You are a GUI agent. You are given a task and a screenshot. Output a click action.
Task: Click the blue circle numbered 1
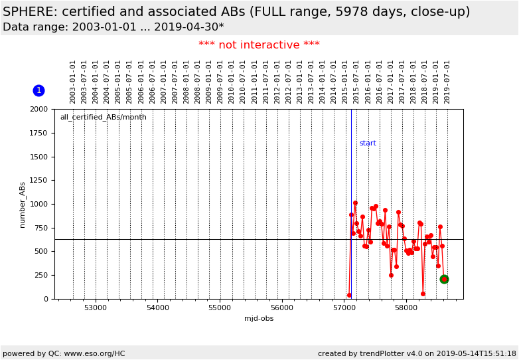click(38, 90)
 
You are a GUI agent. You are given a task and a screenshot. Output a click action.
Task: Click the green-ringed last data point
click(444, 279)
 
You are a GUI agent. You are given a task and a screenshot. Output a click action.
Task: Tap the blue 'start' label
click(368, 143)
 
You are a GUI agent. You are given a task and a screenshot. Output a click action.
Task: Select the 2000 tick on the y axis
click(39, 110)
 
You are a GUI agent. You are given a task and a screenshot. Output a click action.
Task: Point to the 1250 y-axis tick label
click(39, 181)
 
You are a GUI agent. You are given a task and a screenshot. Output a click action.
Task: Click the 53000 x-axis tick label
click(96, 308)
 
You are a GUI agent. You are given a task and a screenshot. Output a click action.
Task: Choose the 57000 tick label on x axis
click(344, 308)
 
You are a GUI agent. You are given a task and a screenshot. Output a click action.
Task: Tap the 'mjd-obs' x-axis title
click(259, 319)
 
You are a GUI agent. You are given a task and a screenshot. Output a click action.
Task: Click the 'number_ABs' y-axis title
click(23, 205)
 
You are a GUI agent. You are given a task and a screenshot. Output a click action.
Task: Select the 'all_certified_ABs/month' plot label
click(103, 118)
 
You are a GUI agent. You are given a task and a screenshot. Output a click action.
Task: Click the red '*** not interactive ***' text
click(259, 45)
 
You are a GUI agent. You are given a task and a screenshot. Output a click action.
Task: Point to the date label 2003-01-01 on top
click(73, 82)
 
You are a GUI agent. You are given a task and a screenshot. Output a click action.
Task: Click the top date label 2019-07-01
click(447, 82)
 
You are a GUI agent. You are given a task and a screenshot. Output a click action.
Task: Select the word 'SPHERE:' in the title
click(31, 12)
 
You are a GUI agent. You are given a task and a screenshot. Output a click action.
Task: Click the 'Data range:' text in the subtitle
click(33, 27)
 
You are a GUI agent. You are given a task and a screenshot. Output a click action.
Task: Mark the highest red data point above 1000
click(355, 203)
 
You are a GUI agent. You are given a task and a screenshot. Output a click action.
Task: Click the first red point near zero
click(349, 295)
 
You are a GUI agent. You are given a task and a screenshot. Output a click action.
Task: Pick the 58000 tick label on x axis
click(406, 308)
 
